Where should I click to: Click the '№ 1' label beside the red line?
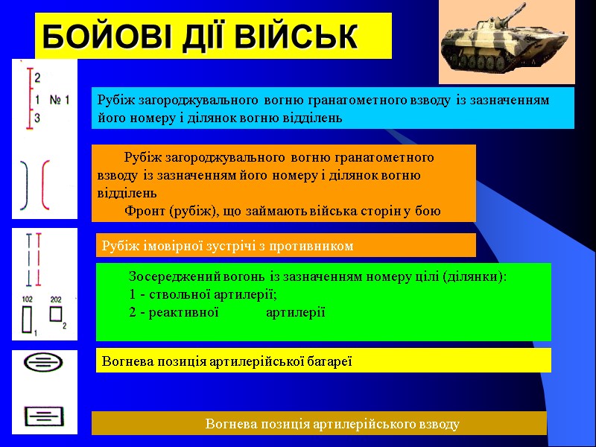[60, 99]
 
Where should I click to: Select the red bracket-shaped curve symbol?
[46, 184]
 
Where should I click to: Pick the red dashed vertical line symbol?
[37, 260]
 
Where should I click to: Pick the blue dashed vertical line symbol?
[28, 260]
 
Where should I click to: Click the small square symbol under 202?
[56, 314]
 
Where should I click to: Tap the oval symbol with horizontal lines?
[43, 363]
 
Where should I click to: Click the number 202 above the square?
[56, 299]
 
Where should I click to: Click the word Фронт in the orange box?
[145, 211]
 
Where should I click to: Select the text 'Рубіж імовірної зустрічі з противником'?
[227, 245]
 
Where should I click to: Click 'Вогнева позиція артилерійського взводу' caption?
[332, 424]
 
